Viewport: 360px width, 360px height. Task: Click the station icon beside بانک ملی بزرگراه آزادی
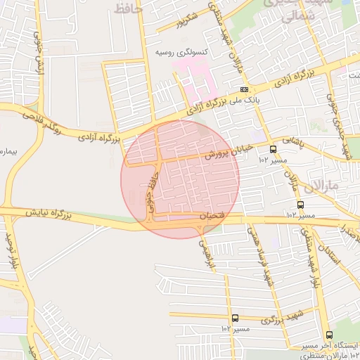click(244, 90)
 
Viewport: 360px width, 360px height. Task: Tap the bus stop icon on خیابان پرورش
click(273, 149)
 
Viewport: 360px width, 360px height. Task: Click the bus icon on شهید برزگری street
click(234, 318)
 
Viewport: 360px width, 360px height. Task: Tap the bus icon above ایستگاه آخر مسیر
click(329, 335)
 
